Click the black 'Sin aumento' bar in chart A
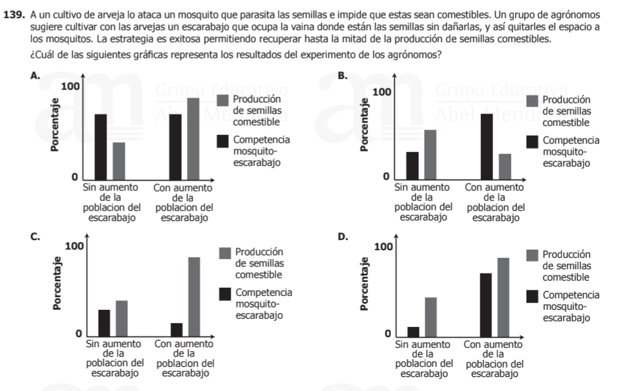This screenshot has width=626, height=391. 101,148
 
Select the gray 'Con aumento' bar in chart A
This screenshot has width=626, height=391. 193,139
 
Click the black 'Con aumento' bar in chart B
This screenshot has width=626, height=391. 487,147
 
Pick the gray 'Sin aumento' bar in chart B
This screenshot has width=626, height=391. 430,155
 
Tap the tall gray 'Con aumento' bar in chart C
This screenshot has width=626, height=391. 194,296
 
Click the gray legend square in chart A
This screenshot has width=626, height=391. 223,100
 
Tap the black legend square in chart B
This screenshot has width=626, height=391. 532,141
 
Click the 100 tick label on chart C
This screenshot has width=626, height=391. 75,245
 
